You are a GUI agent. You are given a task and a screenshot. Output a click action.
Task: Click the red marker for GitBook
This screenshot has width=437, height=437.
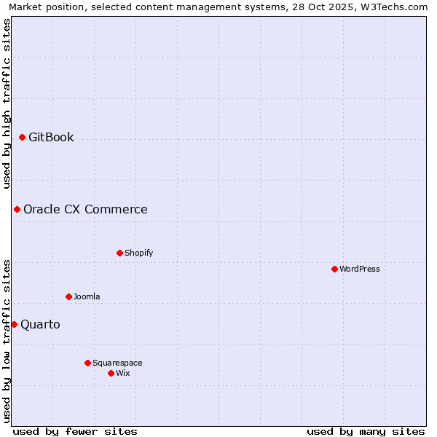(x=23, y=137)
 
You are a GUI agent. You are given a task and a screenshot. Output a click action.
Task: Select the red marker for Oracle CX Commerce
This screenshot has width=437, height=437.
(x=17, y=209)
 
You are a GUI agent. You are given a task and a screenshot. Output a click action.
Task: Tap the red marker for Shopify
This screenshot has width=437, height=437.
(x=120, y=253)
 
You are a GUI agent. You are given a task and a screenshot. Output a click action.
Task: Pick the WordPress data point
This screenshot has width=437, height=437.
(x=335, y=269)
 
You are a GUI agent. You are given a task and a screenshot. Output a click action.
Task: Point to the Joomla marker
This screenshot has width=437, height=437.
(x=69, y=296)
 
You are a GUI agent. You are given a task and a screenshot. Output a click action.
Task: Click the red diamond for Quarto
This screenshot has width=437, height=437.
(x=14, y=324)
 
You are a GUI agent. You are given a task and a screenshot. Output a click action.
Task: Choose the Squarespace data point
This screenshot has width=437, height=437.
(x=88, y=363)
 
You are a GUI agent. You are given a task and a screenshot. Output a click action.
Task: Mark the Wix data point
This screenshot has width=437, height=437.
(x=111, y=373)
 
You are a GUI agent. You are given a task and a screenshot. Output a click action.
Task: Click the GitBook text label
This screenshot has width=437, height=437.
(x=51, y=137)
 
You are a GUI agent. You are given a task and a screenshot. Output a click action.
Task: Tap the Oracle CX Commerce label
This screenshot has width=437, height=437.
(x=85, y=210)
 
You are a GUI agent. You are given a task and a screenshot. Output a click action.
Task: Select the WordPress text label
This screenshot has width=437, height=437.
(x=360, y=269)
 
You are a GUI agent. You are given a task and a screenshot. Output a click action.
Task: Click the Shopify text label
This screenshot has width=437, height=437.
(x=139, y=253)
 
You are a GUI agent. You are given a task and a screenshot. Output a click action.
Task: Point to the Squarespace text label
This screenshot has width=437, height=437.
(x=117, y=363)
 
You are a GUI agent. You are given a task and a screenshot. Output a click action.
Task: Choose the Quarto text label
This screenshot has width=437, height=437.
(x=40, y=325)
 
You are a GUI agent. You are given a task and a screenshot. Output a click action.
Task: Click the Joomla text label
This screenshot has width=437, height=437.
(x=87, y=296)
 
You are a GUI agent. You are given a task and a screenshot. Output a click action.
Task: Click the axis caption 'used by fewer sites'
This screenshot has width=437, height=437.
(x=75, y=431)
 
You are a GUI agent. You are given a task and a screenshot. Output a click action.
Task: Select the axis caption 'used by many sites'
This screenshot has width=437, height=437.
(x=366, y=431)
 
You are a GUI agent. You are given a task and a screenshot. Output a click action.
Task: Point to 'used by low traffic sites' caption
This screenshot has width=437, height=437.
(x=7, y=342)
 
